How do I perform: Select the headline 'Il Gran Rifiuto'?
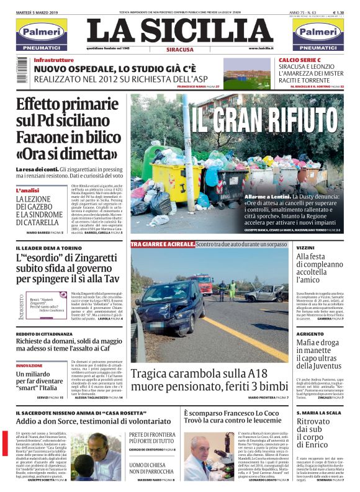pyautogui.click(x=266, y=117)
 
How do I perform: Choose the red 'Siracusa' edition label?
pyautogui.click(x=180, y=49)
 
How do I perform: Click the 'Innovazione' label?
pyautogui.click(x=29, y=365)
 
